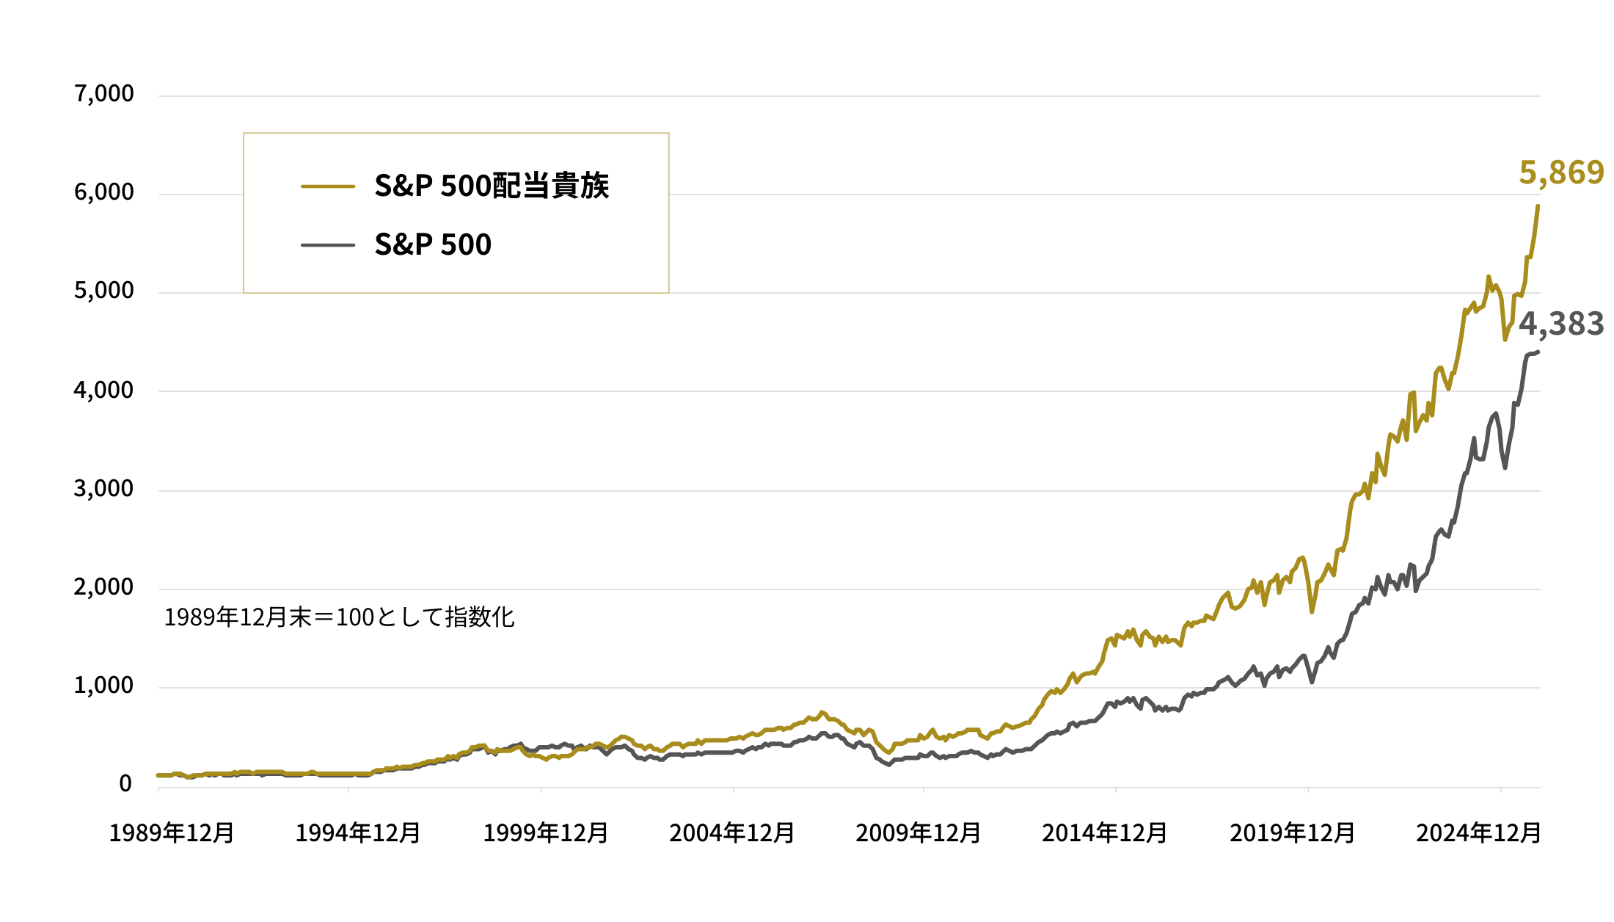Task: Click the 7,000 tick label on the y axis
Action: [x=103, y=94]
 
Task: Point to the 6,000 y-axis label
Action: [x=103, y=192]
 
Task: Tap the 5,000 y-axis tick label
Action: [x=103, y=291]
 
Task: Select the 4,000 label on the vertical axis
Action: [x=103, y=390]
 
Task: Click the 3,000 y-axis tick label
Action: [x=103, y=489]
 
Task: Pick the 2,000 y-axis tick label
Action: [x=103, y=587]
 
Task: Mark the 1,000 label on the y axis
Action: [x=103, y=686]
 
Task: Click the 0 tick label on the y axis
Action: [x=125, y=784]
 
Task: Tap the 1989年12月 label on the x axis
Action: [x=172, y=833]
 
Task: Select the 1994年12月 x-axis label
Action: [x=358, y=833]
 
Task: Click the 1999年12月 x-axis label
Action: [x=546, y=833]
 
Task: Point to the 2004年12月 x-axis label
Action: [x=732, y=833]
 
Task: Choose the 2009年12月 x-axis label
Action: [x=919, y=833]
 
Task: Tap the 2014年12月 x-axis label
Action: [x=1105, y=833]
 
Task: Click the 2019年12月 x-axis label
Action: [x=1293, y=833]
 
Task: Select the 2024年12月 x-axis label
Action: [x=1479, y=833]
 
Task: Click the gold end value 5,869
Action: [x=1561, y=173]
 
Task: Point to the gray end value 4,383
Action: [x=1561, y=324]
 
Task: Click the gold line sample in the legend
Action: [x=328, y=186]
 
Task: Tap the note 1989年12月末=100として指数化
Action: [x=339, y=617]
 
